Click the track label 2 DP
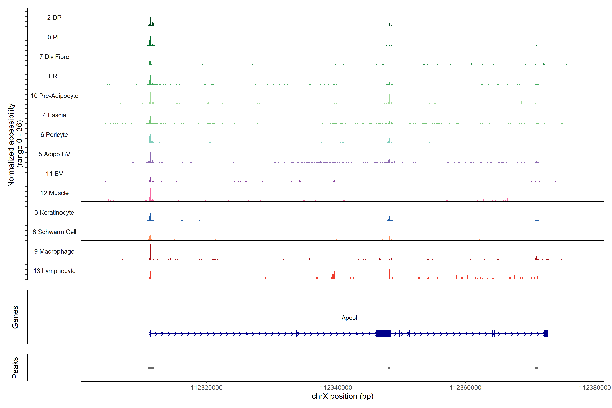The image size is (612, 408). [54, 18]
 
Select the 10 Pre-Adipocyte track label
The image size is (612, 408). [54, 96]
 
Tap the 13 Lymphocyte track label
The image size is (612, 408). [54, 271]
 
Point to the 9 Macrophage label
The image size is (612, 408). [54, 252]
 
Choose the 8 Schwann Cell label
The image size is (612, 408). [54, 232]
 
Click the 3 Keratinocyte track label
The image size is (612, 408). [54, 213]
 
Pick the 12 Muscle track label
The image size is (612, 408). [54, 193]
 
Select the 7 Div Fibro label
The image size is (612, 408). [54, 57]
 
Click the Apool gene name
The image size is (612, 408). [349, 318]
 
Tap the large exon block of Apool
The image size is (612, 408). [384, 334]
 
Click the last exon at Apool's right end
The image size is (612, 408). [546, 334]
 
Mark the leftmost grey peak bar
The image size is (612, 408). [151, 368]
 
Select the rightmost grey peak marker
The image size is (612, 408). [536, 368]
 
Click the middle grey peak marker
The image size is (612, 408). [389, 368]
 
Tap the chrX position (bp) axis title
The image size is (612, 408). [342, 396]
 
